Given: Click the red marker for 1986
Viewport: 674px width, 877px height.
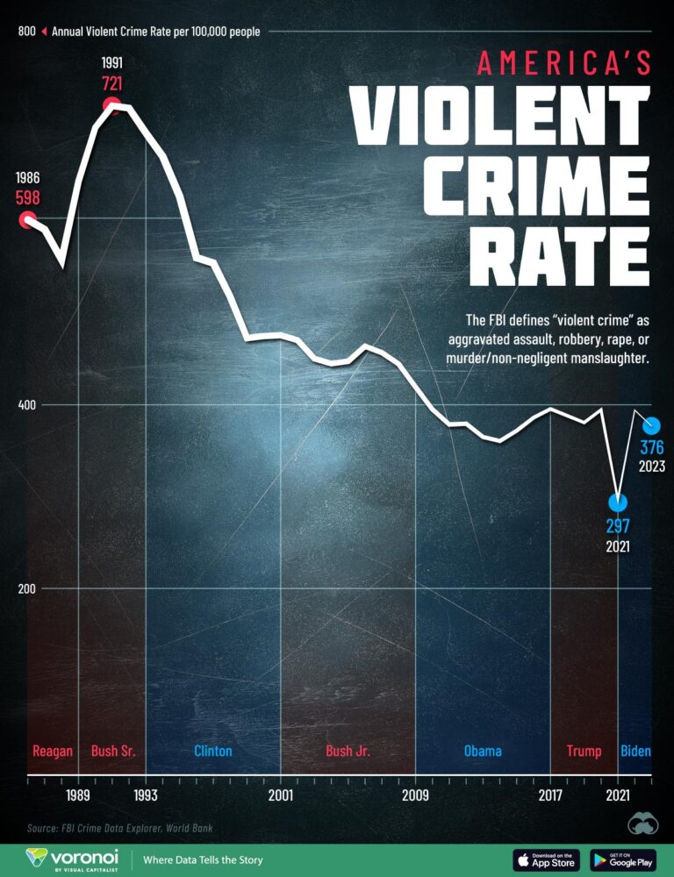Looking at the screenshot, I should pos(27,219).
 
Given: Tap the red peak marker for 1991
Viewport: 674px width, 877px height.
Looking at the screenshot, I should pos(111,106).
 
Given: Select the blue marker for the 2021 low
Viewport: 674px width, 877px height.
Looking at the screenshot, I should pos(618,503).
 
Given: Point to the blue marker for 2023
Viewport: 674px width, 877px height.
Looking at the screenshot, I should pos(651,425).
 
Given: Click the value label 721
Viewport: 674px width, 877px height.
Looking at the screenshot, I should pos(111,84).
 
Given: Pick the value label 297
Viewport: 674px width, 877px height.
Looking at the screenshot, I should pos(618,526).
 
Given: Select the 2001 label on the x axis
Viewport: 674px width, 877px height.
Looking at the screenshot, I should pos(280,796).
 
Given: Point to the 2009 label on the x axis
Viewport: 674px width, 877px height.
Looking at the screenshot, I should pos(415,796).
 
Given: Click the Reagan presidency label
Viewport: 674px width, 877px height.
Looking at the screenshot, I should pos(53,751).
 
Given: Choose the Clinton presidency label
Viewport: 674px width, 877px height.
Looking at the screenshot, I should pos(212,751).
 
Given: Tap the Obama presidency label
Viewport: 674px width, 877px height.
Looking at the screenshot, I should pos(483,751).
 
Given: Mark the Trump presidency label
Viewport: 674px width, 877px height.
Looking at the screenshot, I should pos(584,751).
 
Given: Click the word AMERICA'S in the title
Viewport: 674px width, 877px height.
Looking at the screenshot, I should pos(563,63).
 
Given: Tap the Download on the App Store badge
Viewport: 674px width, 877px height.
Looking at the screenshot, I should pos(544,859).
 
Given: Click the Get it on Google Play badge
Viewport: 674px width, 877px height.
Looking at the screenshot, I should pos(623,859).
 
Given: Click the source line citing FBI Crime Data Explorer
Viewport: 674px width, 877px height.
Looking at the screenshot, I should pos(119,828).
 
